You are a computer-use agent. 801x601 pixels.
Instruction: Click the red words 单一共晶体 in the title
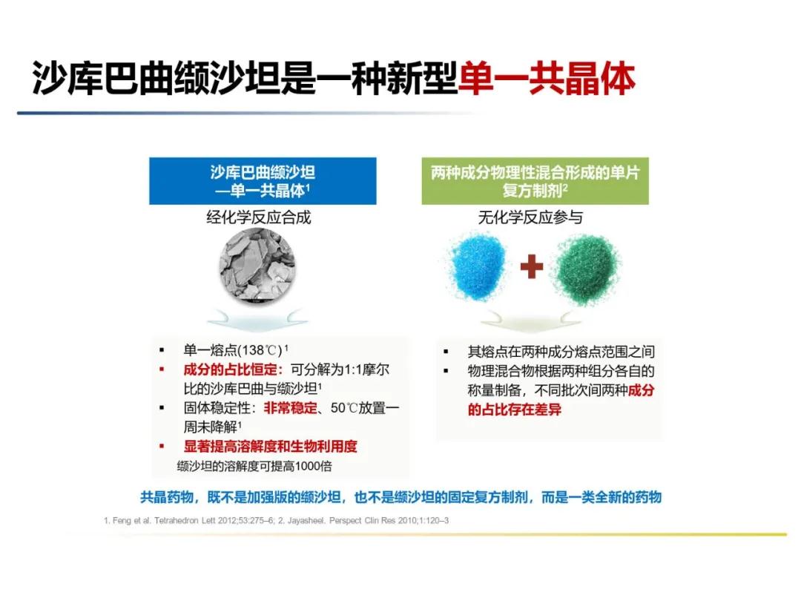[547, 79]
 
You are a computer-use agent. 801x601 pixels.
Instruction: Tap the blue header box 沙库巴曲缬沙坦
[263, 181]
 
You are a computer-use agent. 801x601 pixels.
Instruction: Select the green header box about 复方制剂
[535, 181]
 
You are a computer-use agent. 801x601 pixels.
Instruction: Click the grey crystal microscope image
[257, 266]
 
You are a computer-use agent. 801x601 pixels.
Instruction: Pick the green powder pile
[587, 268]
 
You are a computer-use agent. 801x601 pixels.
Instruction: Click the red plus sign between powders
[532, 266]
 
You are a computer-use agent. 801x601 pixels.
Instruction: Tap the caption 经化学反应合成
[259, 217]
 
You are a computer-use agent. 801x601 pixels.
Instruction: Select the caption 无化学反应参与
[530, 217]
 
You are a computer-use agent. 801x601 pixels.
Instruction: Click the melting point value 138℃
[260, 350]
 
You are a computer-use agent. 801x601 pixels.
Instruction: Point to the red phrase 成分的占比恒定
[230, 370]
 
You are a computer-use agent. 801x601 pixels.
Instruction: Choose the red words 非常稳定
[290, 408]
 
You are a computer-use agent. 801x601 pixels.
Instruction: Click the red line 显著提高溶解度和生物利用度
[270, 446]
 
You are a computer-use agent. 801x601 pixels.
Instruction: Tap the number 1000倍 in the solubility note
[313, 466]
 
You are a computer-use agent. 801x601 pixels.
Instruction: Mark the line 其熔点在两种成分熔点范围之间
[561, 352]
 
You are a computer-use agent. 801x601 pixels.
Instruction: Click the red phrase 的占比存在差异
[515, 410]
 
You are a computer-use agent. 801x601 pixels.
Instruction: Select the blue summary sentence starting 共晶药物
[401, 496]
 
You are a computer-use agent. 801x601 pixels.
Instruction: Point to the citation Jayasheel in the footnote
[305, 520]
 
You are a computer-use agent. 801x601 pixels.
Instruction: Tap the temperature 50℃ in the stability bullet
[344, 408]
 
